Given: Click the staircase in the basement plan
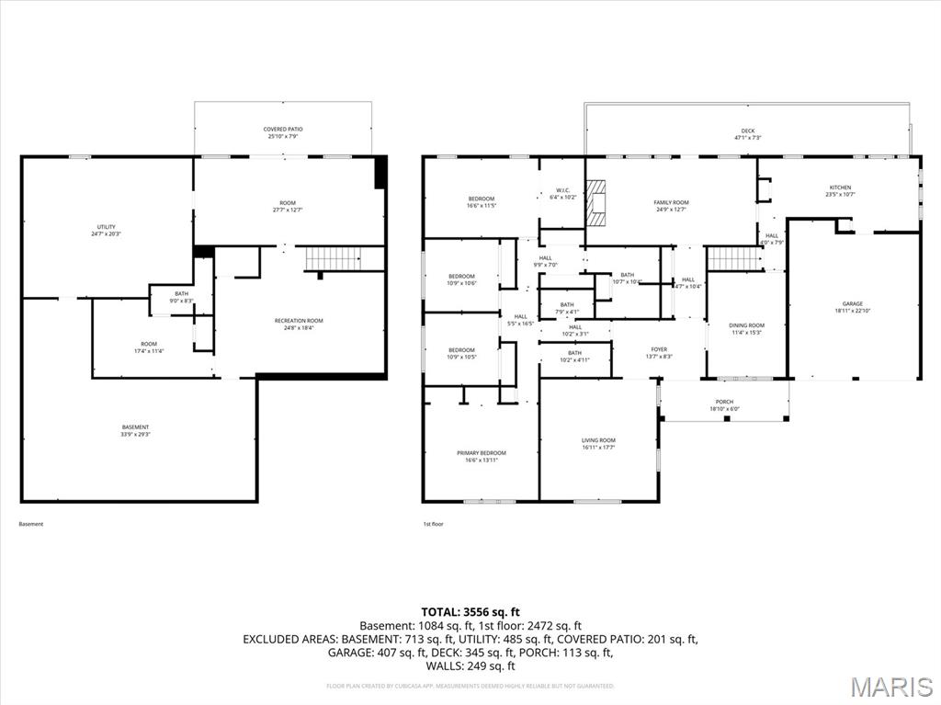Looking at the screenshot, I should coord(333,258).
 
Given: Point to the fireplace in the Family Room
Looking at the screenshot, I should coord(597,202).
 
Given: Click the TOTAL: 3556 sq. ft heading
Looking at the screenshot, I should coord(470,611).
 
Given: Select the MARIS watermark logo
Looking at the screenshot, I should coord(890,687).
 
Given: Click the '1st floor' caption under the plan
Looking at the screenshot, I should coord(433,524).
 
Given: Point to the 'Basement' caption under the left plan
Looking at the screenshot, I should coord(31,524).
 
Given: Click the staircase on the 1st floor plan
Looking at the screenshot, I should coord(734,258).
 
